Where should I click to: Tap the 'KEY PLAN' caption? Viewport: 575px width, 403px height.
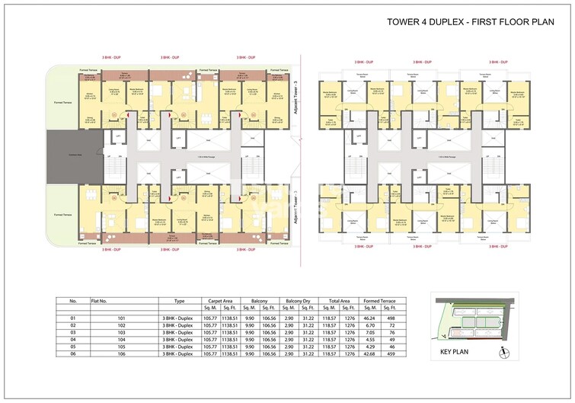tap(457, 353)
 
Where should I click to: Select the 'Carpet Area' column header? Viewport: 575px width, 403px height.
tap(219, 301)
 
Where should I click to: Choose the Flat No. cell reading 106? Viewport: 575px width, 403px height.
tap(97, 353)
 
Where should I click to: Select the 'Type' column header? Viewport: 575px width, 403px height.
tap(180, 301)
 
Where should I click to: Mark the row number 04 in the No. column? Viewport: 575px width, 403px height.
tap(74, 339)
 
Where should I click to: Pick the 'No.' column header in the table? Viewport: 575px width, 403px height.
tap(74, 301)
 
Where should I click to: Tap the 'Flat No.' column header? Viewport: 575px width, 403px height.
tap(100, 301)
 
